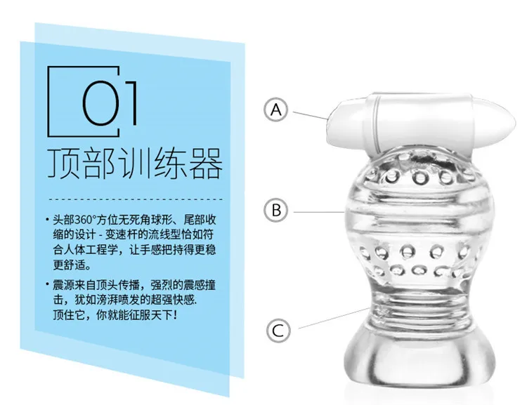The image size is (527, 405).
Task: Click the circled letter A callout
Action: (x=275, y=109)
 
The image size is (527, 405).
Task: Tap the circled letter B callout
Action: (x=276, y=211)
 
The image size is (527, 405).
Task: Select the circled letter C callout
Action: (x=278, y=331)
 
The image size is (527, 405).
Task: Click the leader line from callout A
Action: (x=310, y=115)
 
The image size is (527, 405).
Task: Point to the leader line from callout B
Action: (x=318, y=212)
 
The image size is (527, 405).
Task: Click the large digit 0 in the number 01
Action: (x=100, y=102)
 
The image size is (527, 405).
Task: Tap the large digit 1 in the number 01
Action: (x=132, y=102)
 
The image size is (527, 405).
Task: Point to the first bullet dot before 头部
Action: (x=47, y=220)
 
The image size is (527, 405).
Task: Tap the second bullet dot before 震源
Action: (x=47, y=285)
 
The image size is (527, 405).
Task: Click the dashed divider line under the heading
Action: (x=136, y=199)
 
